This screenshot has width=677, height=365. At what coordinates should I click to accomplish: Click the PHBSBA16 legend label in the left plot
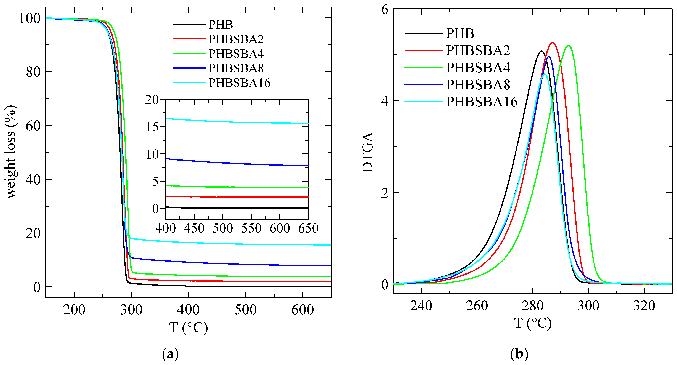point(239,83)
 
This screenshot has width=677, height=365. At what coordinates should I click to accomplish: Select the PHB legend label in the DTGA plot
point(460,33)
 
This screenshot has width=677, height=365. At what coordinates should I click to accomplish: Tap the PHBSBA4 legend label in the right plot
point(478,68)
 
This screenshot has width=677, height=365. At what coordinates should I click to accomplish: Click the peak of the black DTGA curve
point(541,51)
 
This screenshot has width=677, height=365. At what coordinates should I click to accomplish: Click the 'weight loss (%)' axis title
point(10,152)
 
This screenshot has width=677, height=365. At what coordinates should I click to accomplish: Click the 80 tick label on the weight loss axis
point(33,72)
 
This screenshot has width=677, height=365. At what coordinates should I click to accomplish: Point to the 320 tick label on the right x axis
point(644,306)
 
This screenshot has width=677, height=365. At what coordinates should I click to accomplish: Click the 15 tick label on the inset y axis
point(152,127)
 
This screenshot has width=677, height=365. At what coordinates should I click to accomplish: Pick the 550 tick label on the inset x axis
point(251,228)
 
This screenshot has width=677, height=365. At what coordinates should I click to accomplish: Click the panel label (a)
point(171,354)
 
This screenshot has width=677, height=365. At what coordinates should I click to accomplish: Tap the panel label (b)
point(519,354)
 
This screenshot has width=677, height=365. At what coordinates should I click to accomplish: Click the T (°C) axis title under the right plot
point(533,323)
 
